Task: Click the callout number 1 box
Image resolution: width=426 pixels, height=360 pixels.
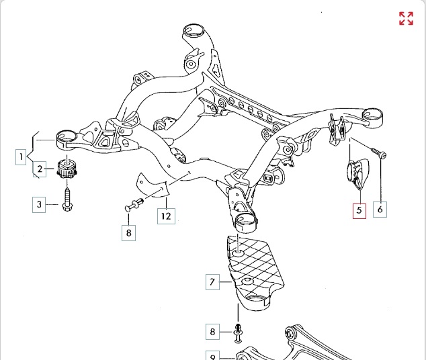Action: pyautogui.click(x=23, y=158)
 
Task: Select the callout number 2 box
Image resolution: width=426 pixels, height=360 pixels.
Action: pyautogui.click(x=40, y=169)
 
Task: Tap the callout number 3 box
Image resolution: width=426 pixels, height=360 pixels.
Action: pyautogui.click(x=40, y=204)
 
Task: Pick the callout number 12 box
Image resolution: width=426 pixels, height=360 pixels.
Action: pyautogui.click(x=166, y=216)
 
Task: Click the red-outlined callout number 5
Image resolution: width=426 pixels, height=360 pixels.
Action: pyautogui.click(x=359, y=210)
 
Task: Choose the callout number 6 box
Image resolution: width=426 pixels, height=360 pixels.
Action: pyautogui.click(x=380, y=210)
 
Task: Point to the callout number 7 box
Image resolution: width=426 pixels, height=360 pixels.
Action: pyautogui.click(x=212, y=282)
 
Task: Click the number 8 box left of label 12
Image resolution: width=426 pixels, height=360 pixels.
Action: pyautogui.click(x=128, y=233)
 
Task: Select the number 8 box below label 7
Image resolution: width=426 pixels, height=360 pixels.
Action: pyautogui.click(x=212, y=332)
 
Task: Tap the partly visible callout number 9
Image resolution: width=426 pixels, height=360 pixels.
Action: pyautogui.click(x=212, y=356)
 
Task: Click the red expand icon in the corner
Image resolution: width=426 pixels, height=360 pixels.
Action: pyautogui.click(x=406, y=18)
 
